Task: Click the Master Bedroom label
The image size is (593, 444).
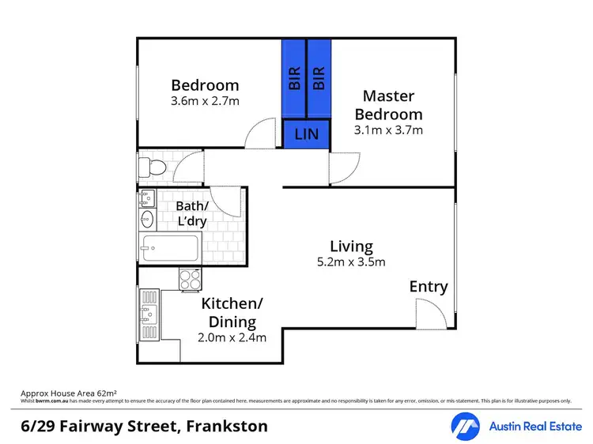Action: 388,105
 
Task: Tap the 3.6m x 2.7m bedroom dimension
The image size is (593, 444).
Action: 205,101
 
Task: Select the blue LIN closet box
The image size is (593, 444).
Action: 306,134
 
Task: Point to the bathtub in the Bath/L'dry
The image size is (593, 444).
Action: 169,248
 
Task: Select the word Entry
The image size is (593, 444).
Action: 428,287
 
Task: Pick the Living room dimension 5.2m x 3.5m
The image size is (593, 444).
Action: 351,262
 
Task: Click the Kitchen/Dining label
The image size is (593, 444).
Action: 232,313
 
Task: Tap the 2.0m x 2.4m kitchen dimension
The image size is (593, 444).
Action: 232,338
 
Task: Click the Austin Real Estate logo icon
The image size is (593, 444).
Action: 465,427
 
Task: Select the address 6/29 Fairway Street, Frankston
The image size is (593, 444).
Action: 144,427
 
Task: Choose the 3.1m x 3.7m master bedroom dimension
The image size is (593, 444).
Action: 388,130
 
